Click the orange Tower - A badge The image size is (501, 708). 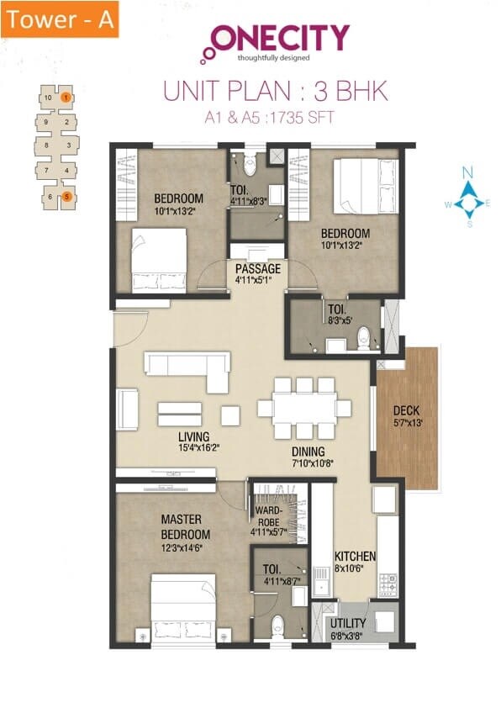(60, 19)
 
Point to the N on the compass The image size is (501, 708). (469, 172)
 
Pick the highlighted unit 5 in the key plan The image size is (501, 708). (66, 198)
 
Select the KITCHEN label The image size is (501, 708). (355, 557)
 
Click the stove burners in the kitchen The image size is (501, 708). (388, 580)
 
